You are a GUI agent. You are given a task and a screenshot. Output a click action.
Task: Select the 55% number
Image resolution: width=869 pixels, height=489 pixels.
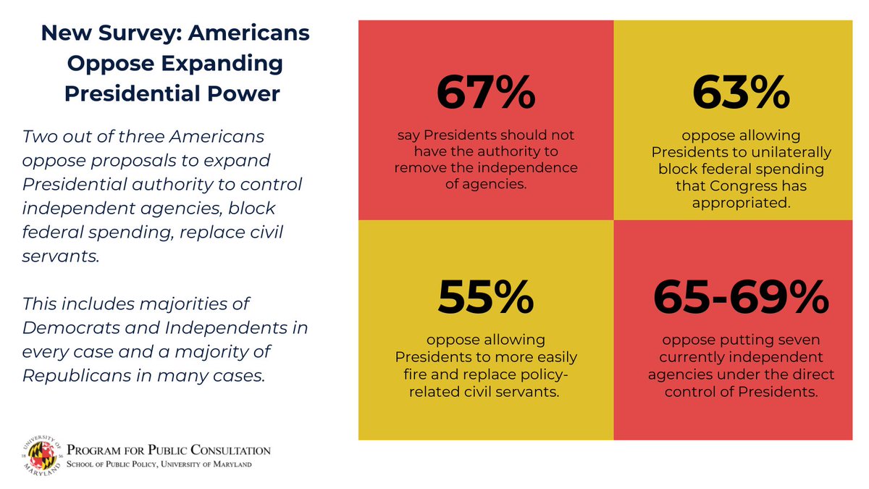pos(486,296)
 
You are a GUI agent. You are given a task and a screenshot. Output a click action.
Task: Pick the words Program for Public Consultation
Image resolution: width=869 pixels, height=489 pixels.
pos(169,451)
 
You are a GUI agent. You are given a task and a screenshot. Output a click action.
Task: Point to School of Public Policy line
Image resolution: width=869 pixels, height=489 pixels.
pos(159,464)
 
